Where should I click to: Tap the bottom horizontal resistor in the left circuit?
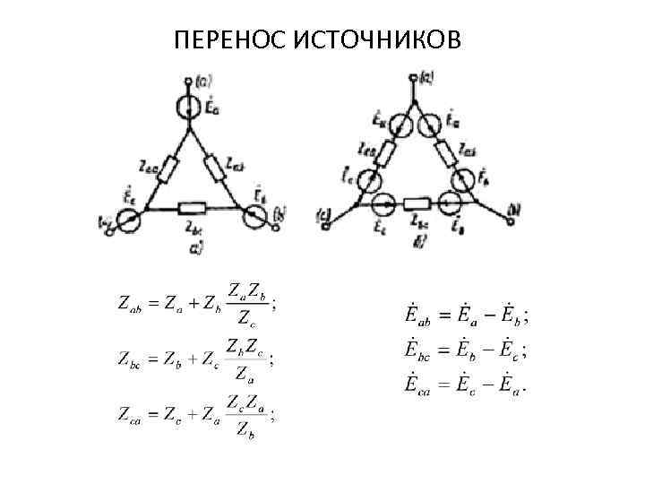coord(193,209)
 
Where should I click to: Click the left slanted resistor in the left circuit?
coord(166,167)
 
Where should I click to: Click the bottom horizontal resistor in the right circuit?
coord(418,204)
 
